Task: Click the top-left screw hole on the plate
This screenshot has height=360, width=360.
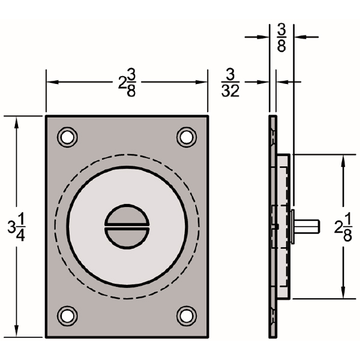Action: click(67, 137)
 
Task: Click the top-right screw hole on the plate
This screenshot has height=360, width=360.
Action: click(187, 137)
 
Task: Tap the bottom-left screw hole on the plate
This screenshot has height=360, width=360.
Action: click(67, 315)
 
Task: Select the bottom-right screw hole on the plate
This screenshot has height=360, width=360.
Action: click(187, 315)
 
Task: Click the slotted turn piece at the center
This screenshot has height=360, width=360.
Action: click(127, 226)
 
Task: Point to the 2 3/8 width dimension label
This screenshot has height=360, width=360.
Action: click(127, 82)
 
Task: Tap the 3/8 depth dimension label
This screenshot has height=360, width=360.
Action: click(281, 37)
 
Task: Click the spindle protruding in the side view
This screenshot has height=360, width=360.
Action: click(307, 226)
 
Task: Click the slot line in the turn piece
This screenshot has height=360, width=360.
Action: click(127, 226)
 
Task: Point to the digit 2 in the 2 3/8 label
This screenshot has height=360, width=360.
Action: click(121, 83)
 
